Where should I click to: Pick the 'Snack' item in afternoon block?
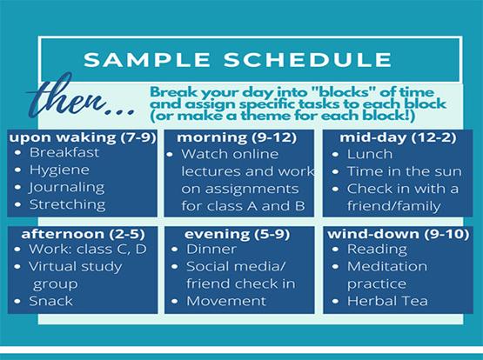pyautogui.click(x=51, y=301)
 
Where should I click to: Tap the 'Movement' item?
pyautogui.click(x=225, y=301)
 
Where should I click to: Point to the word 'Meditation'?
pyautogui.click(x=387, y=266)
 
